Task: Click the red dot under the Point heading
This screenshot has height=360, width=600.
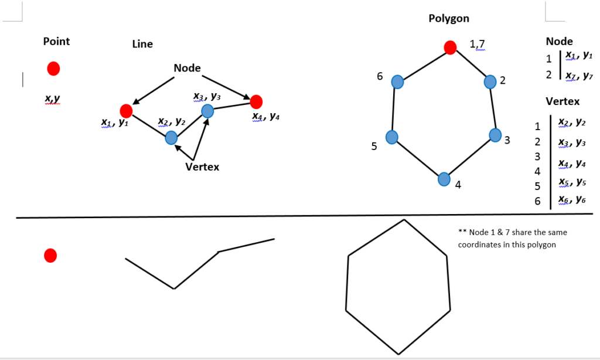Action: [x=53, y=69]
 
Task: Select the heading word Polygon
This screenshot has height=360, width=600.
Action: [x=449, y=18]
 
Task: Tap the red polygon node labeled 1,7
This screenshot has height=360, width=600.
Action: [x=450, y=47]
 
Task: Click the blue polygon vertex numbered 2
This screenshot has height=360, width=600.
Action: [x=490, y=81]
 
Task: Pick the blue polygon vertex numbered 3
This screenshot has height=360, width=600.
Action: [x=496, y=135]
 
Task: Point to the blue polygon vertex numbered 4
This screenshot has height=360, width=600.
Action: [x=444, y=178]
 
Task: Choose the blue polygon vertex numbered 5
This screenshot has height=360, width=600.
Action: [x=392, y=137]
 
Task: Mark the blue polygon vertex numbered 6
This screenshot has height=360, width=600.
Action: [x=397, y=81]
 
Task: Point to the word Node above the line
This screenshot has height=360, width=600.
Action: [x=187, y=68]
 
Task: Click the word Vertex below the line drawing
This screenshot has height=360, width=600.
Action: [x=202, y=167]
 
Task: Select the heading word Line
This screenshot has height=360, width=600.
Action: [x=142, y=44]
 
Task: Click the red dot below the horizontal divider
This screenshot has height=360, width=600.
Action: [x=50, y=255]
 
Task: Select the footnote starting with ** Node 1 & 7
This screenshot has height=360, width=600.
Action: [x=512, y=238]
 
